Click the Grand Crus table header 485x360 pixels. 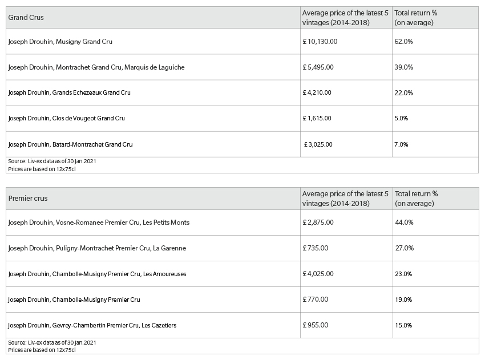[26, 18]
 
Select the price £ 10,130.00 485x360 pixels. [320, 42]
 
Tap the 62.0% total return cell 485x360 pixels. [403, 42]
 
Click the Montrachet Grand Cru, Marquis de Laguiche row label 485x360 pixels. [96, 67]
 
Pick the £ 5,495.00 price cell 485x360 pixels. [318, 67]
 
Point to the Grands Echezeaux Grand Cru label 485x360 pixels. [69, 92]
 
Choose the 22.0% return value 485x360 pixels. [403, 93]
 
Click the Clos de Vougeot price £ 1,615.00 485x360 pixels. [317, 118]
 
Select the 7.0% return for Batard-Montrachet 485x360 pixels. [401, 144]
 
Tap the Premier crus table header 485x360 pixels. [28, 199]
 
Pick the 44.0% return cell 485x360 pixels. [405, 223]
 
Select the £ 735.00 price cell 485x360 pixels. [315, 248]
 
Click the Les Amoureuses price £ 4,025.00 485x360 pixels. [318, 274]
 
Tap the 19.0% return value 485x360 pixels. [403, 300]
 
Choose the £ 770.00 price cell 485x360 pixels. [315, 300]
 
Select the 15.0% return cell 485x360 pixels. [403, 325]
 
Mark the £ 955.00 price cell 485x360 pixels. [315, 325]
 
